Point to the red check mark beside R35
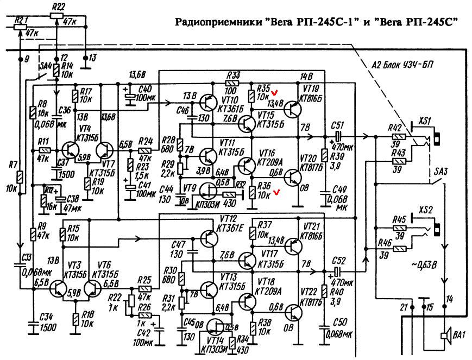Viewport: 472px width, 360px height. point(275,92)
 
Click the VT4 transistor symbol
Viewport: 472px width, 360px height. point(70,150)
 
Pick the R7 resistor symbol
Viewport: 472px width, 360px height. point(20,178)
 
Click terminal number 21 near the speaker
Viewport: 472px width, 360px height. point(404,308)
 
